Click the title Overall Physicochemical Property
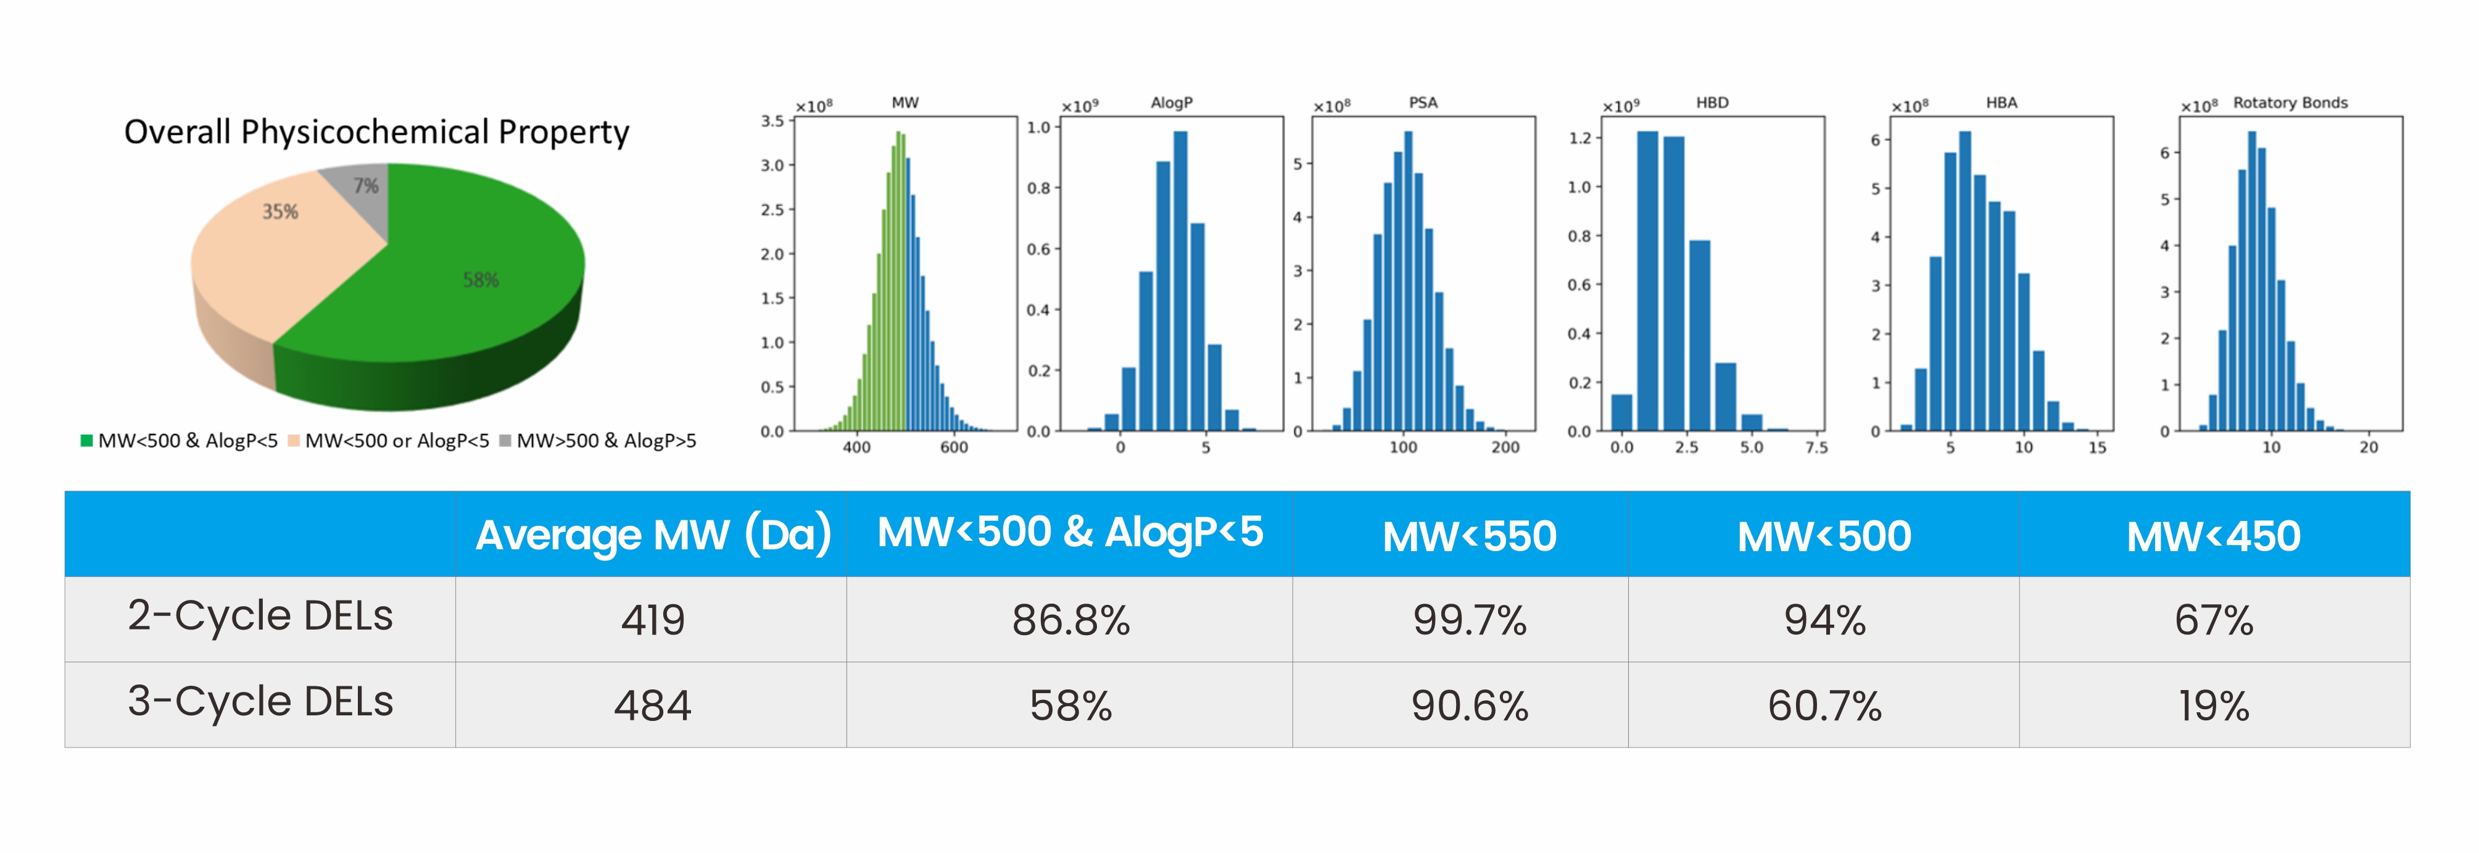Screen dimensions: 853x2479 [x=376, y=132]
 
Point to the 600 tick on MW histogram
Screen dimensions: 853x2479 [x=954, y=447]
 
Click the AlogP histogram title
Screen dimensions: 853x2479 [x=1171, y=102]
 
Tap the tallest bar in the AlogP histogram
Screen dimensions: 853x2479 [x=1180, y=279]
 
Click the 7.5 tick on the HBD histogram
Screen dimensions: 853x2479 [x=1816, y=447]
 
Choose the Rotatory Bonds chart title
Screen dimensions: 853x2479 [x=2290, y=102]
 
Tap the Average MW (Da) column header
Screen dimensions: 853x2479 [x=653, y=535]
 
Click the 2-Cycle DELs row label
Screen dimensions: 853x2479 [x=260, y=616]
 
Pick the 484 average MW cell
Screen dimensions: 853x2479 [x=653, y=705]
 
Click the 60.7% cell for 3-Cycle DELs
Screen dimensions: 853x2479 [x=1824, y=705]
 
